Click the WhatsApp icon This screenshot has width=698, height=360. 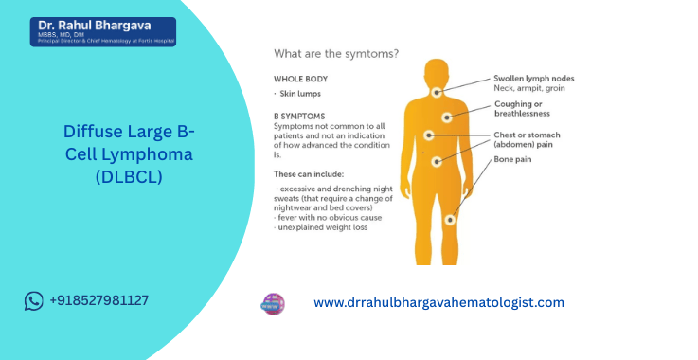tap(35, 300)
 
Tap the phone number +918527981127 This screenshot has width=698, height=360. tap(98, 300)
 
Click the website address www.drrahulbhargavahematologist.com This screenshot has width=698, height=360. tap(438, 303)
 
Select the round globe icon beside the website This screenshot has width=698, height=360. tap(273, 303)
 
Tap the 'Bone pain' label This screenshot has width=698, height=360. tap(512, 159)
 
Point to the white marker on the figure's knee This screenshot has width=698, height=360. tap(450, 219)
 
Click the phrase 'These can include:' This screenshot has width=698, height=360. tap(308, 174)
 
